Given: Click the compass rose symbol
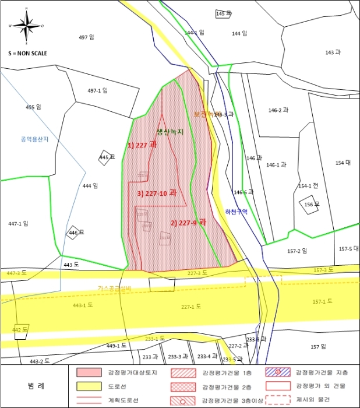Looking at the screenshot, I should pos(27,26).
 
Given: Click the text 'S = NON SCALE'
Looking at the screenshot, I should pos(27,53).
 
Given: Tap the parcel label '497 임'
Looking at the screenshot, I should pos(86,37).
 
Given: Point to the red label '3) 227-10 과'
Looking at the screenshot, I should pos(157,193).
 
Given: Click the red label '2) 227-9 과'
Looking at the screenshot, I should pos(189,223).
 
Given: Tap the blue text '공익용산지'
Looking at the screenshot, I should pos(34,139).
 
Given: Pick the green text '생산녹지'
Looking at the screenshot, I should pos(170,132).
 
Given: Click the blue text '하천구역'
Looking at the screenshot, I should pos(237,212).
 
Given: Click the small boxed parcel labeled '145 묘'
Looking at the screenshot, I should pos(224,13).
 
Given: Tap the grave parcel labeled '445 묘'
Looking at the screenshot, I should pos(105,157).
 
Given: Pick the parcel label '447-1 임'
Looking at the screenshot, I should pos(18,223).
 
